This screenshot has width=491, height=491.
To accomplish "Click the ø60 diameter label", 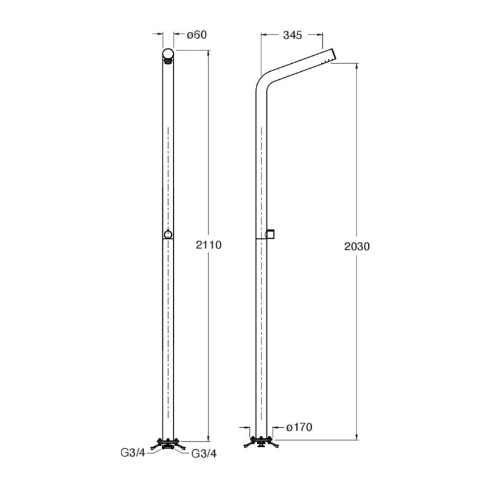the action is (196, 35).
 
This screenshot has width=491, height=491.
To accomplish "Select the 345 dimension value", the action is (293, 36).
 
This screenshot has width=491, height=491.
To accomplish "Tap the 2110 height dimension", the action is (209, 244).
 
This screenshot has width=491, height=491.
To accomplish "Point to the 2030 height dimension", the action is (357, 247).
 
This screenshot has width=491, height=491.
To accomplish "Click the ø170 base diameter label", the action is (300, 427).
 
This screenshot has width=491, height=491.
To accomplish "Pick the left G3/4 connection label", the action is (133, 453).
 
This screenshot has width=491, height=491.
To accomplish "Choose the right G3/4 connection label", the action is (204, 454).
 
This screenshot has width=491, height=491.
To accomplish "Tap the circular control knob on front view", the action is (168, 234).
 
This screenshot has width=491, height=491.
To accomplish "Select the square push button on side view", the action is (270, 234).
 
